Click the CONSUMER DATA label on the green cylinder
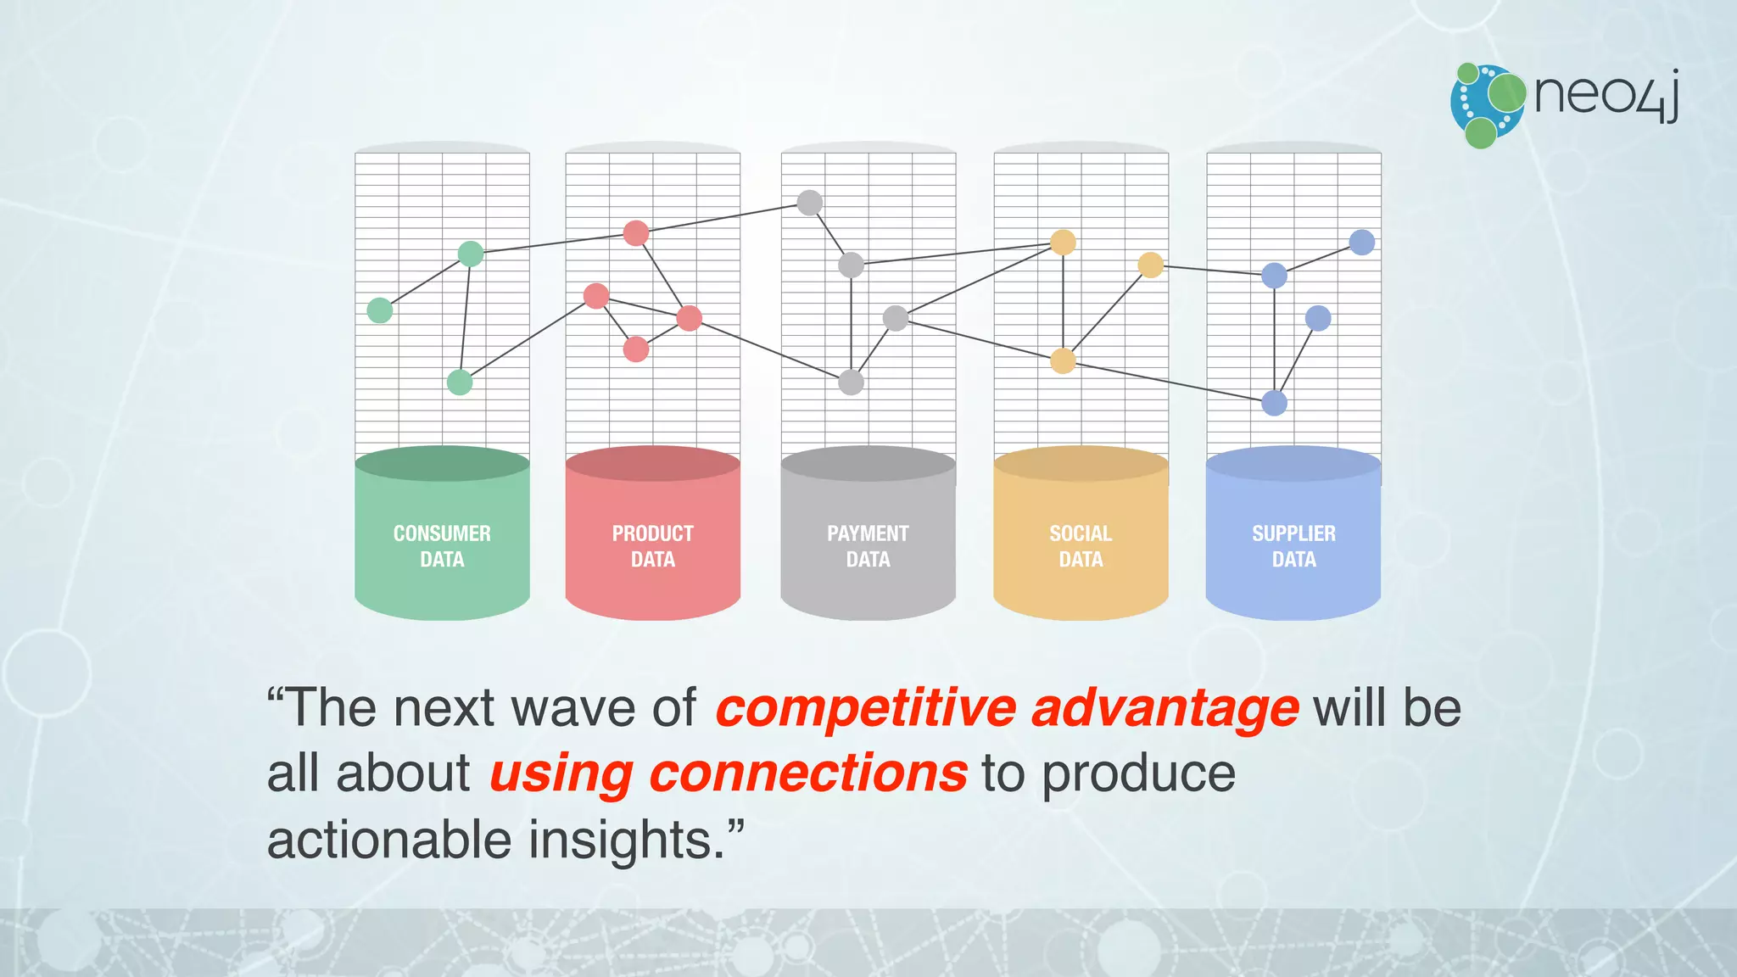[x=442, y=545]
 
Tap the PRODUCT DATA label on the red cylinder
[x=652, y=545]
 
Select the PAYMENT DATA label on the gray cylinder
[x=868, y=545]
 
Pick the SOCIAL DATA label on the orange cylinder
[x=1081, y=545]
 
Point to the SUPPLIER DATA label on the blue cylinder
[x=1293, y=545]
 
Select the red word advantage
[x=1165, y=709]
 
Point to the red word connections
[x=807, y=773]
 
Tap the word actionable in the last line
[x=389, y=840]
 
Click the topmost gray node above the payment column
[x=810, y=203]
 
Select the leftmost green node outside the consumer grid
[x=380, y=310]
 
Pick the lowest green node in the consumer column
[x=460, y=382]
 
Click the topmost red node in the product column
[x=636, y=233]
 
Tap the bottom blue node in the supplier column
[x=1274, y=403]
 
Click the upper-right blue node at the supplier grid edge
[x=1361, y=243]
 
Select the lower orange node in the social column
[x=1063, y=360]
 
